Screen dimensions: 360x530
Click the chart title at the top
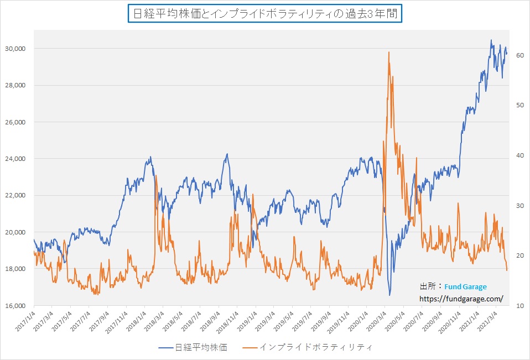pos(265,14)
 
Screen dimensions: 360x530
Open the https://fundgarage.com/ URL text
pos(461,299)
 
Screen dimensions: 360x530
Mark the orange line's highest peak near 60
pos(389,53)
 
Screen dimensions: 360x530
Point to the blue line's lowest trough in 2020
pos(389,295)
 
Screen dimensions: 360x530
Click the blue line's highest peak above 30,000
pos(491,40)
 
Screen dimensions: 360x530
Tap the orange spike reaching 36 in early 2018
pos(156,176)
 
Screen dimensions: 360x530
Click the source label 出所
pos(428,287)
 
